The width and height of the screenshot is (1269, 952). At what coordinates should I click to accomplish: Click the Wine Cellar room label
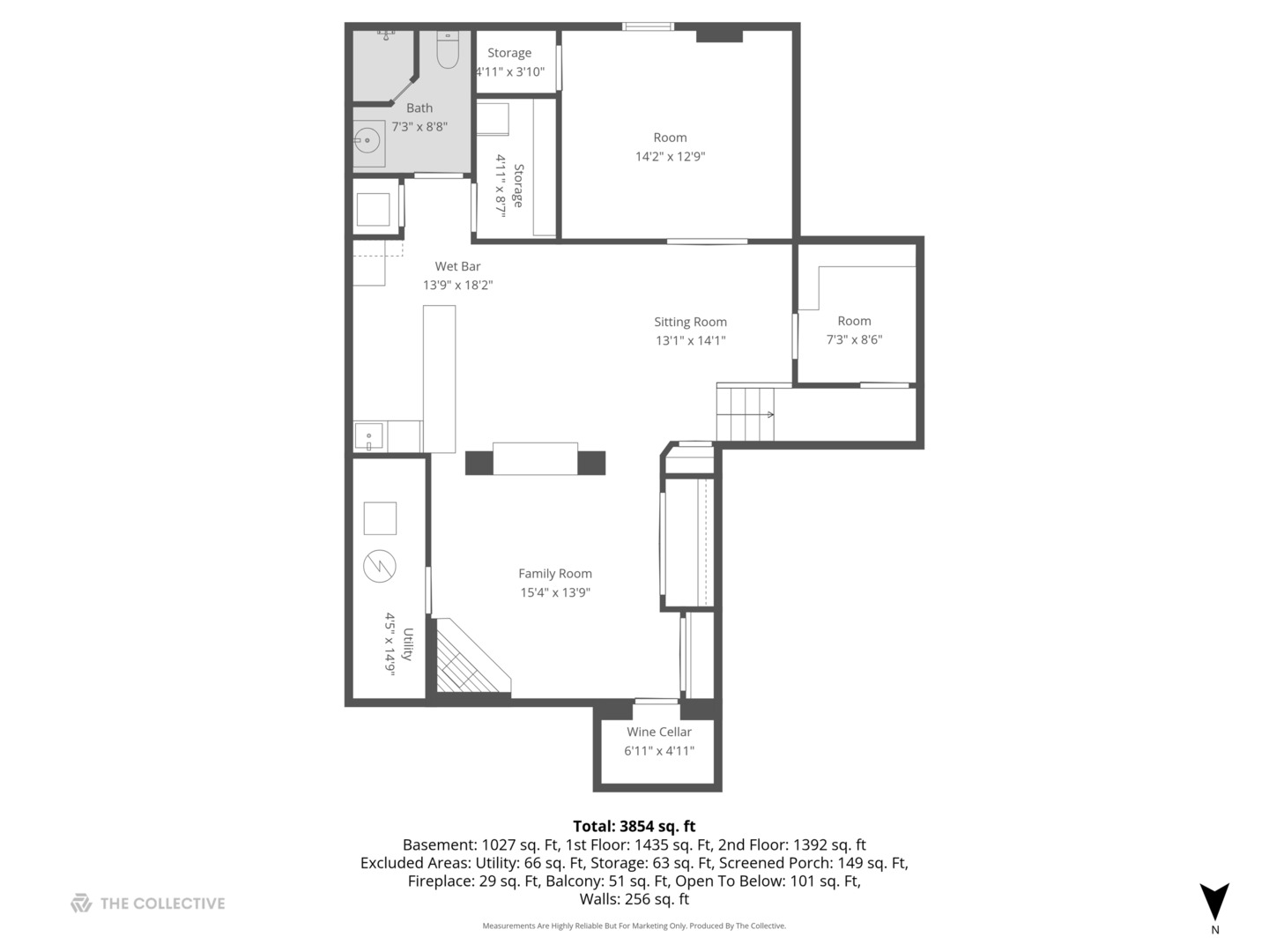(658, 732)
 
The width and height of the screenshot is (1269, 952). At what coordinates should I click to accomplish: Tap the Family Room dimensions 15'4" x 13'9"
(554, 592)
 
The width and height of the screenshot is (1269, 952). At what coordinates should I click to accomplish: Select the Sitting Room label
(690, 322)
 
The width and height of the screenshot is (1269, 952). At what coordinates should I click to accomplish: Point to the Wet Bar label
(457, 266)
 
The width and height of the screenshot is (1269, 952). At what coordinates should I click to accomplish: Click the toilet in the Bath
(448, 52)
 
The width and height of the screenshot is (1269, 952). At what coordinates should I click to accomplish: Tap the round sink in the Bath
(367, 141)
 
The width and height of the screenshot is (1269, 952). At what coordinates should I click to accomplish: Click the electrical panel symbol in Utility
(380, 566)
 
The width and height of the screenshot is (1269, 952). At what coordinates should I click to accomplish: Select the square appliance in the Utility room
(380, 518)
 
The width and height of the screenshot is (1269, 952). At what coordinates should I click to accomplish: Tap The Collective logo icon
(81, 903)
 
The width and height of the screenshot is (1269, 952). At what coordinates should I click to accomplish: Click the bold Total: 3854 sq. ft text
(634, 826)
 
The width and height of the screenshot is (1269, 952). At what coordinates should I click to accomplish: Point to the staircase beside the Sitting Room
(746, 413)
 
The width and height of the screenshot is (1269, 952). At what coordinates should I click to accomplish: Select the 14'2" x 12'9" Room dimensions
(670, 157)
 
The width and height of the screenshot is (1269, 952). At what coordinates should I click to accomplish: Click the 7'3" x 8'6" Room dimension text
(853, 339)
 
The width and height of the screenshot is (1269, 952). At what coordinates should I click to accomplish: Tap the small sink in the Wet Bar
(368, 435)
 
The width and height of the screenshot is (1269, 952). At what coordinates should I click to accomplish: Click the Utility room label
(407, 643)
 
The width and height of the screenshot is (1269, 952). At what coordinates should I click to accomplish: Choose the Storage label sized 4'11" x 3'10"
(509, 53)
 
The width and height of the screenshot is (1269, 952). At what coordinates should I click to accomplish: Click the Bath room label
(419, 108)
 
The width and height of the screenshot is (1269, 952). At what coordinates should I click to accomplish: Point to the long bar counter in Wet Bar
(439, 378)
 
